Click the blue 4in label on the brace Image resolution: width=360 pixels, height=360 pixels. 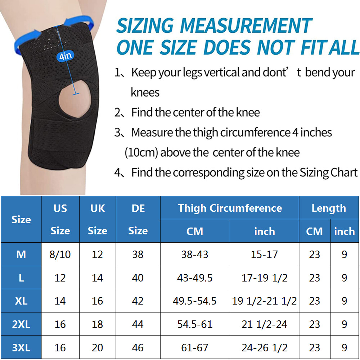[66, 56]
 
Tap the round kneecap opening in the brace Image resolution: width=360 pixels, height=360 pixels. [75, 99]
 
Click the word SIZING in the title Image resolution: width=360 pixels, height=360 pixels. [145, 26]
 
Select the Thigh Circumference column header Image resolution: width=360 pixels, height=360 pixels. [230, 208]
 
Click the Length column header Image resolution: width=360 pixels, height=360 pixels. [329, 208]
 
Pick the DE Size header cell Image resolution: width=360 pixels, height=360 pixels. [138, 220]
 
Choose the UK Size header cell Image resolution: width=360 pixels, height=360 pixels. [98, 220]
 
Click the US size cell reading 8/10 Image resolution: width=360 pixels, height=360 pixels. [60, 255]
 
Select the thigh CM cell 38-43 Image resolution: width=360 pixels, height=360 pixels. [195, 255]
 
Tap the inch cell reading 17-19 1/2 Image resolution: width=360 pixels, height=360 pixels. [265, 278]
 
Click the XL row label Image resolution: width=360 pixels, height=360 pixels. [21, 301]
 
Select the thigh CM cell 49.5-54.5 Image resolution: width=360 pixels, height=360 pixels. [195, 301]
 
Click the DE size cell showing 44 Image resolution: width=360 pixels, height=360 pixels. [138, 324]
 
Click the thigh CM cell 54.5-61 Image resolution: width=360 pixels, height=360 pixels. [195, 324]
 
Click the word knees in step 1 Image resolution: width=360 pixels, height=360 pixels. [145, 93]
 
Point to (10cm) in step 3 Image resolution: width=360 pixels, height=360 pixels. [141, 152]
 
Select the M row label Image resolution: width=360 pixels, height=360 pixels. [21, 255]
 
